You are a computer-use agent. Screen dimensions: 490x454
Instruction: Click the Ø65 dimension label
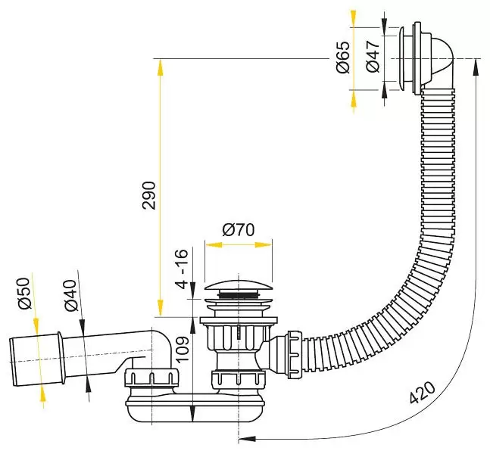click(343, 57)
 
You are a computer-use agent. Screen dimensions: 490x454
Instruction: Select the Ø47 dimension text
click(373, 57)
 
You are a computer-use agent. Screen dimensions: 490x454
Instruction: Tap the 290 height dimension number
click(149, 195)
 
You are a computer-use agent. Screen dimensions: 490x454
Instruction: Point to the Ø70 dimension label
click(239, 230)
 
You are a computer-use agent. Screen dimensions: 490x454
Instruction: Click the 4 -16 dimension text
click(182, 269)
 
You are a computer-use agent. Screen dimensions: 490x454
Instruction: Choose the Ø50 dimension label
click(25, 294)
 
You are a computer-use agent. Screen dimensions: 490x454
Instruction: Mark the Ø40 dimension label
click(70, 295)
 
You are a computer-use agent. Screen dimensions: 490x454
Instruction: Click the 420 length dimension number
click(422, 393)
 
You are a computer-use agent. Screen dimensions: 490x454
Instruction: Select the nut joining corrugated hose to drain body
click(295, 355)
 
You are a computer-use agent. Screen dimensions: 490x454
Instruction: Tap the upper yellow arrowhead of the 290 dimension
click(160, 67)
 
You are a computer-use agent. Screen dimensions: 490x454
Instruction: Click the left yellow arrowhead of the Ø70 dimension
click(213, 244)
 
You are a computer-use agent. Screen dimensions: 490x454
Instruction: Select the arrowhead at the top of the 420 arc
click(476, 67)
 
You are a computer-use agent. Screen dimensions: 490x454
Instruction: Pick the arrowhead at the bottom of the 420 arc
click(247, 439)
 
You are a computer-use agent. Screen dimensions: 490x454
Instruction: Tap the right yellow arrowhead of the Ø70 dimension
click(264, 244)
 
